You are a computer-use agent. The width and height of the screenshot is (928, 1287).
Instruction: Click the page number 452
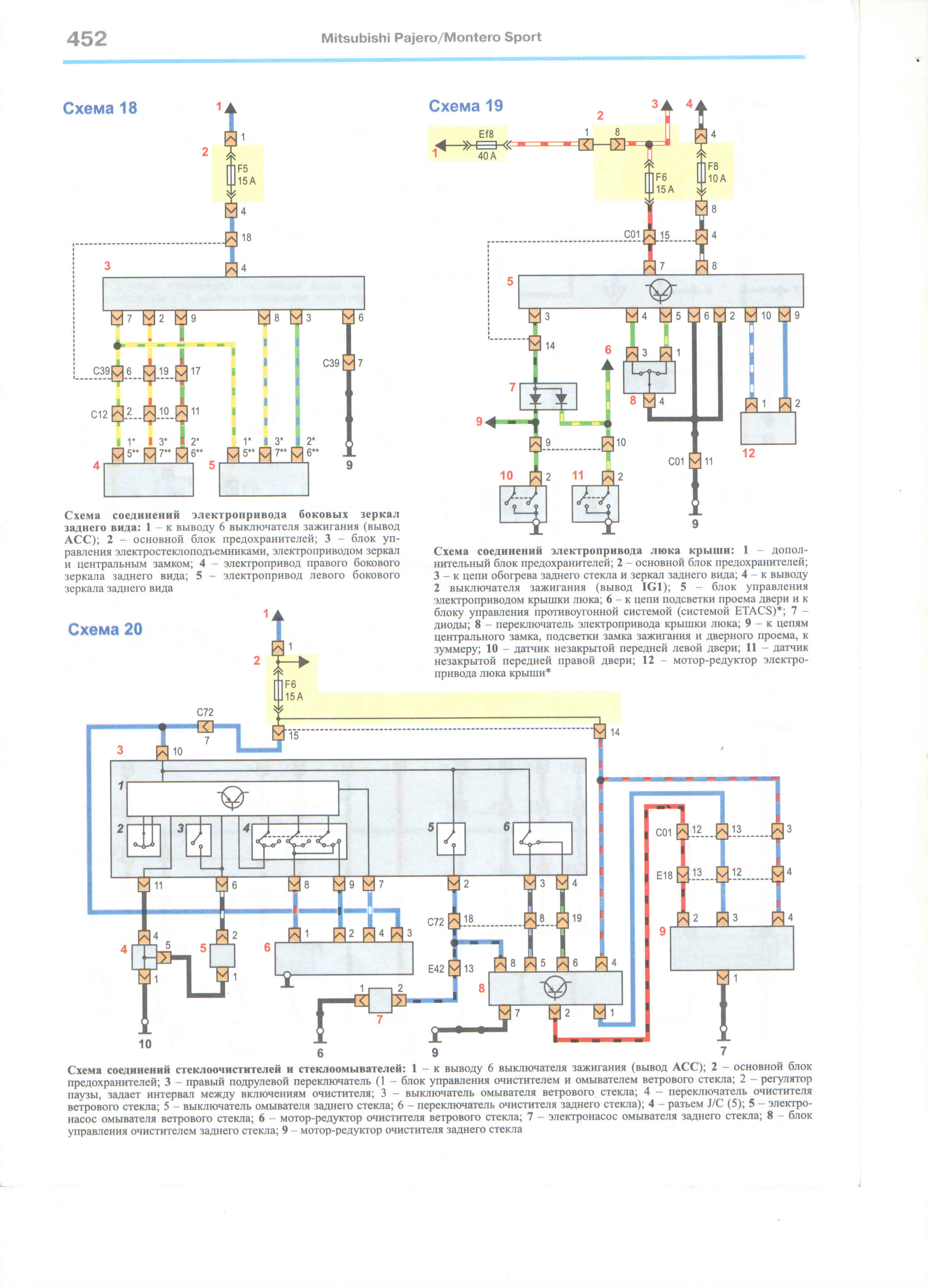click(87, 39)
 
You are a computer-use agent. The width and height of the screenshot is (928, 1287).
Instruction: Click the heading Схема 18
click(100, 108)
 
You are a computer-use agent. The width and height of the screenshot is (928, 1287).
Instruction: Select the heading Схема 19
click(466, 105)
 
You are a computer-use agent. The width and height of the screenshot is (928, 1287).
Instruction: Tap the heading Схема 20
click(105, 629)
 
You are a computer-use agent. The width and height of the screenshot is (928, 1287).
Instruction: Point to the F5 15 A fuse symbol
click(231, 175)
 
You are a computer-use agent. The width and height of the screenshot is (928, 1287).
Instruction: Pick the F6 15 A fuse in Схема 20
click(278, 690)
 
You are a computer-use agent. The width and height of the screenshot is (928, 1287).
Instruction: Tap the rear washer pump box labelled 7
click(380, 1001)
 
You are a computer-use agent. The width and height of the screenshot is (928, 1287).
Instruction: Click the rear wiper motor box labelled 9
click(732, 948)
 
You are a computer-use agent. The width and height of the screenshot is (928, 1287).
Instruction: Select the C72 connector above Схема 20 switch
click(205, 727)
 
